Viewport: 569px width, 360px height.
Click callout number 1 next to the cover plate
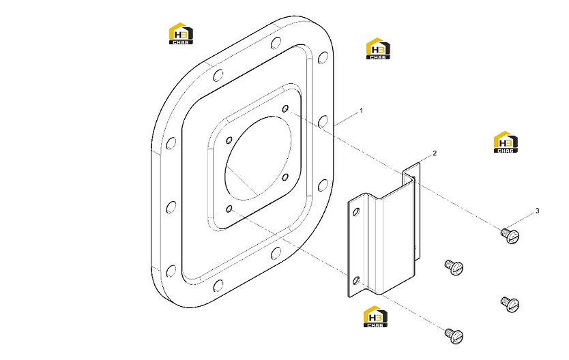361,111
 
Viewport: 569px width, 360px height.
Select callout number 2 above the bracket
435,153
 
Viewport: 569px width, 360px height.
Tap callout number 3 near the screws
537,211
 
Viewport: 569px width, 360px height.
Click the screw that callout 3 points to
510,235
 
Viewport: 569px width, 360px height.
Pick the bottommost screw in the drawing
454,335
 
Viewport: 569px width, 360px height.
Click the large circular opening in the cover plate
258,158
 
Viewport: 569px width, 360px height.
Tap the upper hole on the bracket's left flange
356,211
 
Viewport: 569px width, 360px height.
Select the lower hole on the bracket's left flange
356,280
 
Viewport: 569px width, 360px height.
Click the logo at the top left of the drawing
181,33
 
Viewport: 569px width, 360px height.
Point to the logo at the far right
506,142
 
